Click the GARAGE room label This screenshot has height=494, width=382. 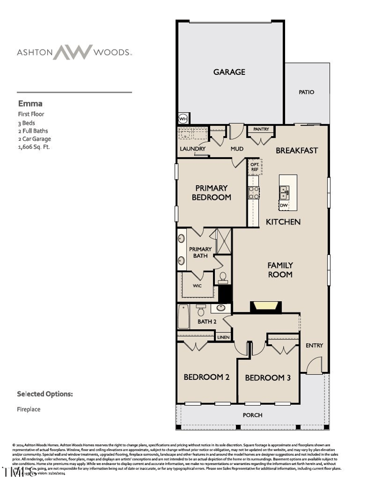point(229,72)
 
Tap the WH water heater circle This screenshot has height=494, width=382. point(182,118)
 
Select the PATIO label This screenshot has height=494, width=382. point(307,92)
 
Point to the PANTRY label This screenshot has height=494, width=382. point(261,129)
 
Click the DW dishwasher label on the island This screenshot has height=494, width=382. point(284,205)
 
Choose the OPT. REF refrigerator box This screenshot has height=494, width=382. point(255,167)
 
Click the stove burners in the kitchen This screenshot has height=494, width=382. point(254,192)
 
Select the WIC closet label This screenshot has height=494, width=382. point(197,286)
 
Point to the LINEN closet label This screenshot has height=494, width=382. point(223,337)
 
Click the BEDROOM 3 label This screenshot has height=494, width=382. point(268,378)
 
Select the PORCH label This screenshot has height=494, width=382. point(252,415)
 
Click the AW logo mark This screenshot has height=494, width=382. point(72,52)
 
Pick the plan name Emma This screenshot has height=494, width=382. point(30,103)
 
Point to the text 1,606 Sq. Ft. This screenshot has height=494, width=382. point(34,147)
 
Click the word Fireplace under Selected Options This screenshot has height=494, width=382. point(29,409)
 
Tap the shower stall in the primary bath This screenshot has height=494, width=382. point(223,241)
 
